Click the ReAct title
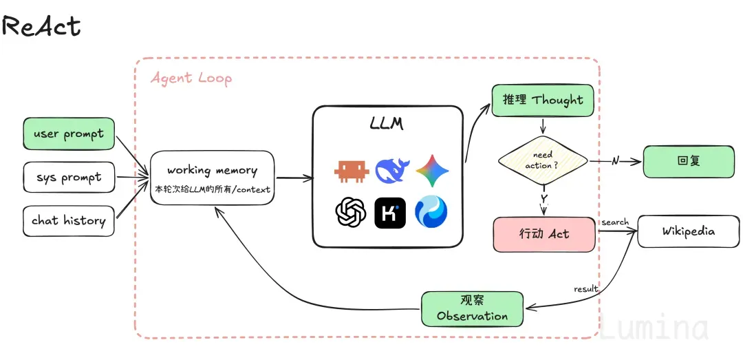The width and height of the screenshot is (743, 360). coord(41,26)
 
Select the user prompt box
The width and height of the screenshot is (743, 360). coord(69,134)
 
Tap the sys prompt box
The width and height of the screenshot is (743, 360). coord(69,178)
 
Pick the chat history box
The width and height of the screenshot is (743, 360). coord(69,220)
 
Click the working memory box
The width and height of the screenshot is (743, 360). coord(213,178)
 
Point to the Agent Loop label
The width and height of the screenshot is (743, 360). coord(191,77)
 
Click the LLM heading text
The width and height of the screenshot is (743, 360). coord(387,124)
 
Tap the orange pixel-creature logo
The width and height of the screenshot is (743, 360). coord(352,171)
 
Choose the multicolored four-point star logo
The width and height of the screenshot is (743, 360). coord(432,170)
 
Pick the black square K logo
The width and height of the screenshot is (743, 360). coord(391,213)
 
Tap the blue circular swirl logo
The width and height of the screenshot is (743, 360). coord(431,212)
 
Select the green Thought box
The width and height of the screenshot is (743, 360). coord(543,100)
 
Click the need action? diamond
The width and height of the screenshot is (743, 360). coord(543,161)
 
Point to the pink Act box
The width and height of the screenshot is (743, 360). coord(544,234)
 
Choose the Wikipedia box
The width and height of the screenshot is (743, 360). coord(688,231)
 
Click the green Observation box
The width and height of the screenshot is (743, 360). coord(473,309)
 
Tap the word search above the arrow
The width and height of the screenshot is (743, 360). coord(615,222)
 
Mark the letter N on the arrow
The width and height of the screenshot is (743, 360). coord(615,161)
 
